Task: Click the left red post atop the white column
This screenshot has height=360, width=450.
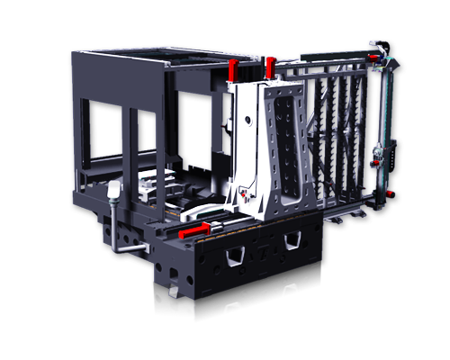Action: pos(232,69)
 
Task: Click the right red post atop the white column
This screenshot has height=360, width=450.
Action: pos(269,67)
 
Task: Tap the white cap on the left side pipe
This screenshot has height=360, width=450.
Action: pos(113,190)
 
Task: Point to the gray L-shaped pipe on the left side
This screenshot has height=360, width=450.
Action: pos(121,236)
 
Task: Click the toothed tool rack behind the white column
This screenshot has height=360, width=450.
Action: pos(339,135)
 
